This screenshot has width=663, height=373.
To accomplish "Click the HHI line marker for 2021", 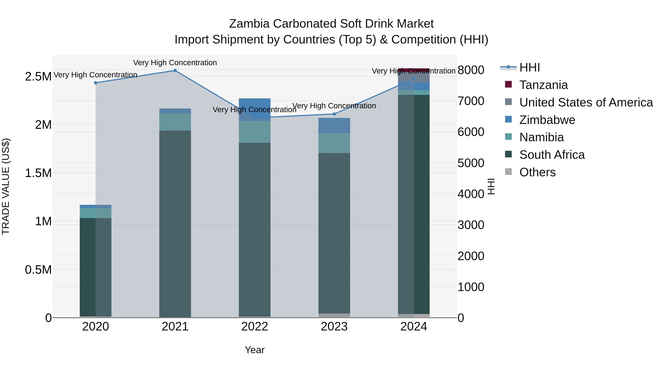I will point(175,71).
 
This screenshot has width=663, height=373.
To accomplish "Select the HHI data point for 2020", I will point(95,83).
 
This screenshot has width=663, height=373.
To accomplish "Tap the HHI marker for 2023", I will point(334,114).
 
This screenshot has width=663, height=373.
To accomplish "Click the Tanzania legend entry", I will point(543,85).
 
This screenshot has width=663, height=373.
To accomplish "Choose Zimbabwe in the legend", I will point(547,120).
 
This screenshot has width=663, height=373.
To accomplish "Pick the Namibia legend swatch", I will point(508,137).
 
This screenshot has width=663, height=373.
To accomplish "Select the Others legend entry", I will point(537,172).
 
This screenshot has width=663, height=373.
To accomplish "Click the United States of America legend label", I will point(586,102).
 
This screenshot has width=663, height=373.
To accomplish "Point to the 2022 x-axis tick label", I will point(255,327).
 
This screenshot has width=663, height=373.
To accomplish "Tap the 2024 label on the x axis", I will point(414,327).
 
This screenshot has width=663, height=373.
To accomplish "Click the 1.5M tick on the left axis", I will point(38,173).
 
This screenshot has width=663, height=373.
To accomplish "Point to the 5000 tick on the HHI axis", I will point(471,163).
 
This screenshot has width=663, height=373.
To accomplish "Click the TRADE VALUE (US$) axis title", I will point(6,186).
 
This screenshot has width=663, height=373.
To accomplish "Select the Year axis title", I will point(255,350).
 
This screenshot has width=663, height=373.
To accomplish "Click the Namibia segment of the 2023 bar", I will point(334,143).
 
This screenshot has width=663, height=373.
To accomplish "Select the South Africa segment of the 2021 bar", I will point(175,224).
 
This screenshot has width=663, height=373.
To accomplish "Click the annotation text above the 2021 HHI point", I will point(175,63).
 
